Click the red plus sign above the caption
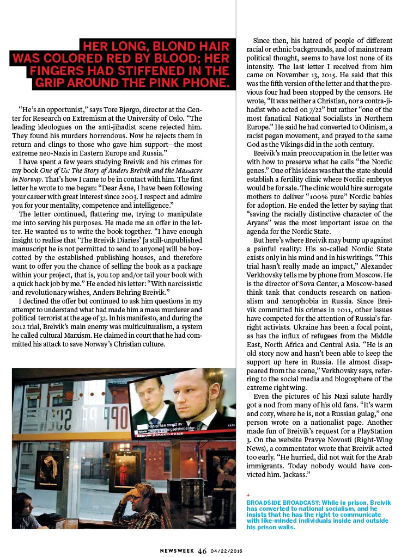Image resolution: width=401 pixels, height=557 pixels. point(248,494)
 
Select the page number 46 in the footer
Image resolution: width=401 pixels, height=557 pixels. point(202,549)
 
